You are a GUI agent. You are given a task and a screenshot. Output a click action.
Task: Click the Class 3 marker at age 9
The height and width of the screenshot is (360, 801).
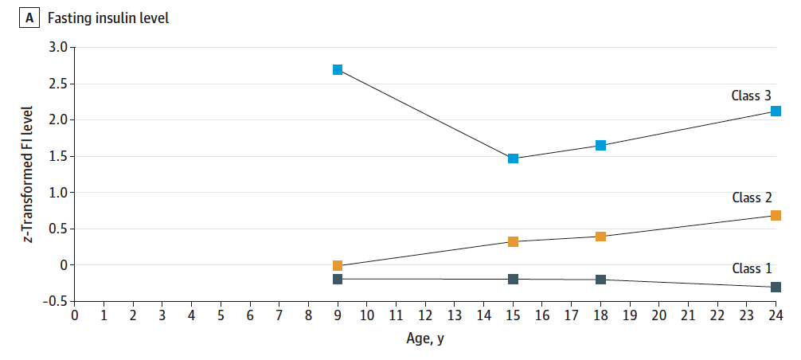338,70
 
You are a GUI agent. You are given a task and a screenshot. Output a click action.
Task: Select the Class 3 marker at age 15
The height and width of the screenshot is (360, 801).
514,158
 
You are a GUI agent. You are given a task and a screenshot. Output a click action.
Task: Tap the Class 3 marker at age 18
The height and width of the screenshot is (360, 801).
601,145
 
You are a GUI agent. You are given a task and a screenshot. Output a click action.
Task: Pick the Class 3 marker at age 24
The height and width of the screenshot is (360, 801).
776,111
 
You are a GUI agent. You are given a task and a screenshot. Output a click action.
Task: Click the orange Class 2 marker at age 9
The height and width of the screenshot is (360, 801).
338,266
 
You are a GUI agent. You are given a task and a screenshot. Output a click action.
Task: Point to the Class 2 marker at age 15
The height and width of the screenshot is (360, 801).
514,241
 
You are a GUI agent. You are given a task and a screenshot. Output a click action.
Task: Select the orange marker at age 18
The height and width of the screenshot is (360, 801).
601,237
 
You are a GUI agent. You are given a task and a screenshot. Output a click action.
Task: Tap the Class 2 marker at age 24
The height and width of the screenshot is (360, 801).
776,215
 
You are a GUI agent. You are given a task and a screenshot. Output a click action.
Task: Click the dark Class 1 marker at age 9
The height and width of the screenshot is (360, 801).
338,279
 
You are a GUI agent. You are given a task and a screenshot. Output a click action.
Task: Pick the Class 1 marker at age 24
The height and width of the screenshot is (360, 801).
776,287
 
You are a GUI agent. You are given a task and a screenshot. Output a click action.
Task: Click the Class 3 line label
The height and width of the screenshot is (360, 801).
751,96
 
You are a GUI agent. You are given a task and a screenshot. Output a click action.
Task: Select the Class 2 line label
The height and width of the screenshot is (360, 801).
751,198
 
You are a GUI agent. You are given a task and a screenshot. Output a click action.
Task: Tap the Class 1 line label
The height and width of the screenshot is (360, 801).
751,268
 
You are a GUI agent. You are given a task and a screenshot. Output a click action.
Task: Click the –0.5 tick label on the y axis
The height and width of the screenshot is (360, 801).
55,301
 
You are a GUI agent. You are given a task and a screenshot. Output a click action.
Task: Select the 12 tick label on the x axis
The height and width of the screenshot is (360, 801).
425,316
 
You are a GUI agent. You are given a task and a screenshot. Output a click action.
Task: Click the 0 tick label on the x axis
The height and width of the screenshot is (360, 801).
75,316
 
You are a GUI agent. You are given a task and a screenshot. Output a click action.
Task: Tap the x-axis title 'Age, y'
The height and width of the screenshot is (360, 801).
425,338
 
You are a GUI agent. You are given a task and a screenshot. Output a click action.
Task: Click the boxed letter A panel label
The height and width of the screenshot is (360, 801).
29,18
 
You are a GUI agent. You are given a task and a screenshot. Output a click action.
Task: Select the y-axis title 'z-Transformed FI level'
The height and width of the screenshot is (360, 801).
27,174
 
